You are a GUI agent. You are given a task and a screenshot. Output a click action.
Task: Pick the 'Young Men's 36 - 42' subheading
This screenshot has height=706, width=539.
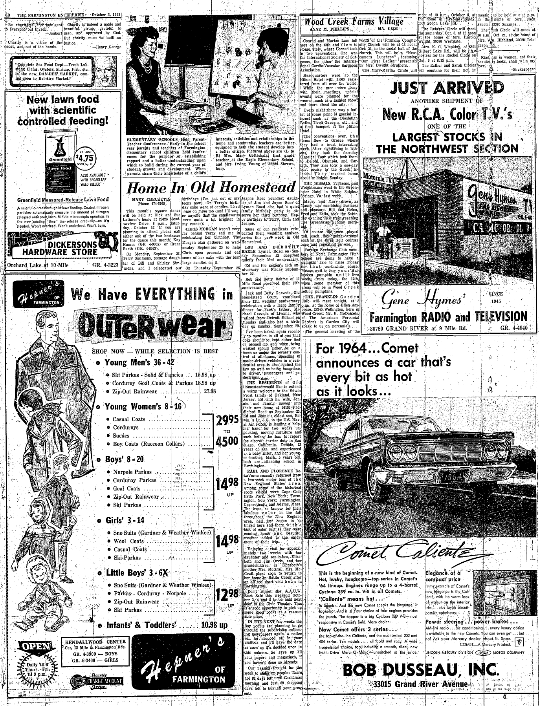pyautogui.click(x=139, y=362)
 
